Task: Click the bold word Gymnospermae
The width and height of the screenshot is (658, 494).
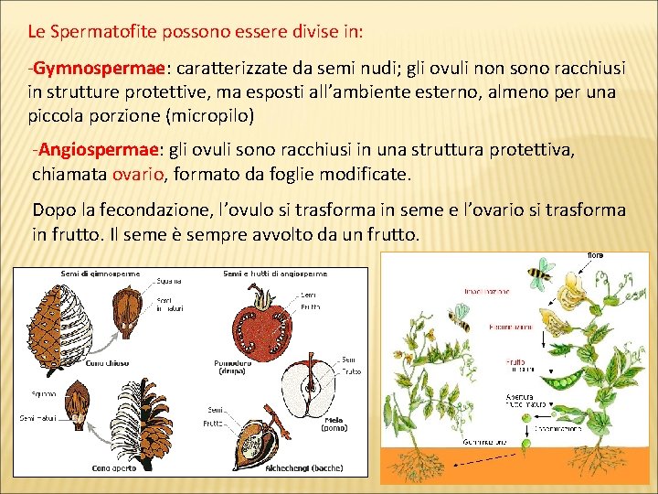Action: (99, 70)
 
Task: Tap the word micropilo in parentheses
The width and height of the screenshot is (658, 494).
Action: (211, 117)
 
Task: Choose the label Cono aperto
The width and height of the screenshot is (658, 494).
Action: (114, 468)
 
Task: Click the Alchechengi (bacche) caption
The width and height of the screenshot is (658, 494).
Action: (302, 468)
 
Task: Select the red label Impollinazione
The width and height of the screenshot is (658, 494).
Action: (486, 291)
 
